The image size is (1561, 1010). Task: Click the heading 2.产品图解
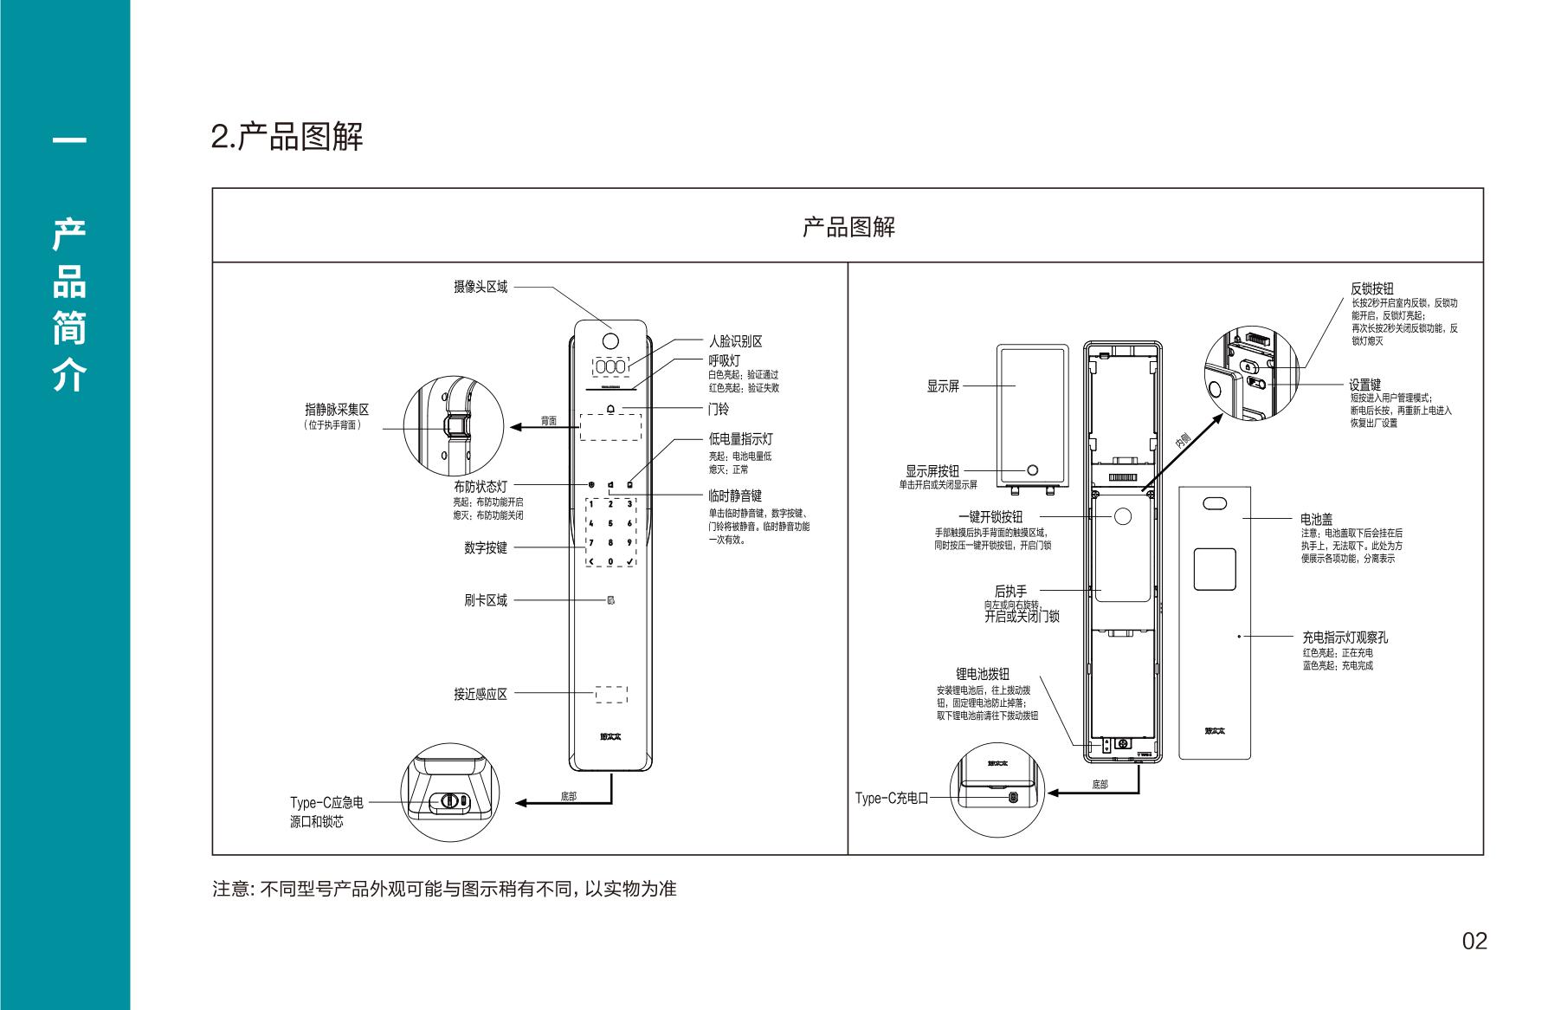(287, 137)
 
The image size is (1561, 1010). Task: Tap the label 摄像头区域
(481, 287)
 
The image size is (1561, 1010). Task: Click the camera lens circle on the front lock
(610, 339)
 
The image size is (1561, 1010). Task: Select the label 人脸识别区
(735, 341)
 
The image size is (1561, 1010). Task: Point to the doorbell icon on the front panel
(611, 409)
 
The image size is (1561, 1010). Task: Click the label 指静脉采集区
(336, 410)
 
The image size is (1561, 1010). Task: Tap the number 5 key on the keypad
(610, 523)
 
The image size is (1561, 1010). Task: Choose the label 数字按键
(485, 547)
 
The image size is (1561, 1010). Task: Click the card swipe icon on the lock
(610, 600)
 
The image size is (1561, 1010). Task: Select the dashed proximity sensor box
(610, 694)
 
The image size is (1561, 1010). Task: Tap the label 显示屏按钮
(932, 470)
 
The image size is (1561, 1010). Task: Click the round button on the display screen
(1032, 469)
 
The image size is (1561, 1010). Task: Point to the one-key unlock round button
(1122, 516)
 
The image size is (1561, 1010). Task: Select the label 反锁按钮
(1372, 288)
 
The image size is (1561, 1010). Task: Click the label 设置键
(1364, 385)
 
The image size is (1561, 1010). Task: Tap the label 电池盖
(1316, 520)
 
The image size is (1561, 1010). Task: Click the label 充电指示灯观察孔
(1345, 637)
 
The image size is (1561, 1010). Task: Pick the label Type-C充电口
(891, 798)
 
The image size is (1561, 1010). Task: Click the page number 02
(1474, 941)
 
